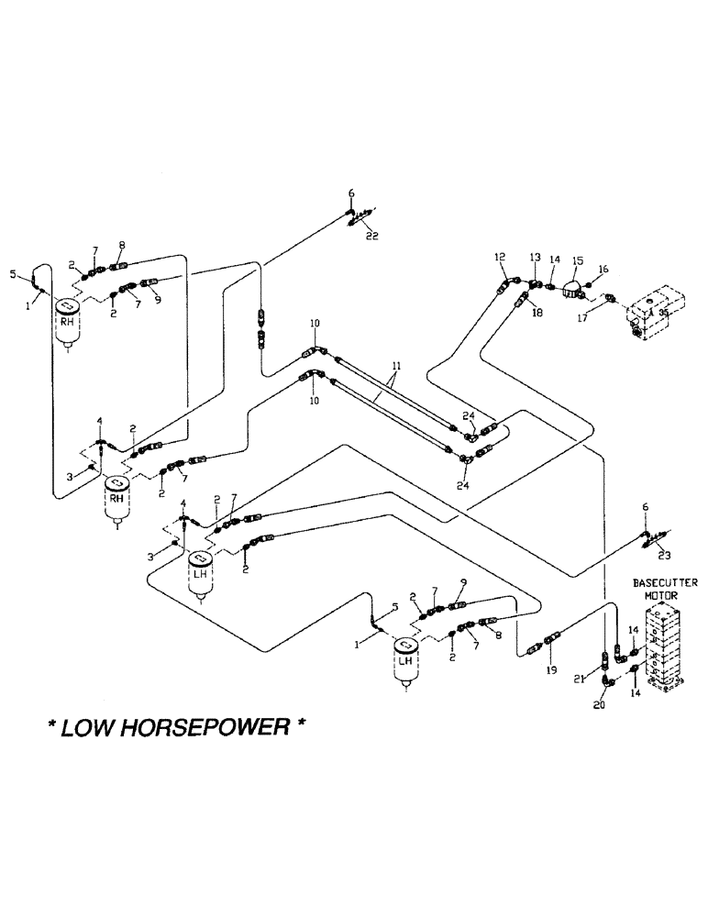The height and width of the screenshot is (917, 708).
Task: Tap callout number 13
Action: pos(536,259)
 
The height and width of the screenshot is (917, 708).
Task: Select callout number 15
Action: pos(578,261)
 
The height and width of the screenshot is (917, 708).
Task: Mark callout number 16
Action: pos(603,270)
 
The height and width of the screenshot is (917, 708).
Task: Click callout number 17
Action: pos(583,319)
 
